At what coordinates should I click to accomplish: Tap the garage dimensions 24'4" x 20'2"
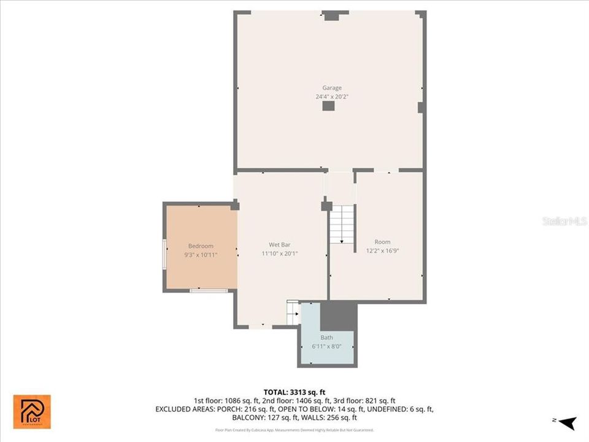tap(332, 97)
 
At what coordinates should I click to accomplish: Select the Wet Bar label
tap(279, 244)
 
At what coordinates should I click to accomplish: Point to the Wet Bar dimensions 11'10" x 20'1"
tap(279, 254)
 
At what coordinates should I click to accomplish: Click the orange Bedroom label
tap(201, 246)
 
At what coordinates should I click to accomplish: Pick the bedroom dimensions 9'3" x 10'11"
tap(201, 254)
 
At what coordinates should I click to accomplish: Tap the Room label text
tap(382, 242)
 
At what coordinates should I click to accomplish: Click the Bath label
tap(327, 338)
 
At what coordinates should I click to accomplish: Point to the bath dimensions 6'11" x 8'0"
tap(327, 347)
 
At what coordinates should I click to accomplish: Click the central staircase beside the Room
tap(342, 224)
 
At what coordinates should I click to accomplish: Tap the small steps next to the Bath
tap(293, 312)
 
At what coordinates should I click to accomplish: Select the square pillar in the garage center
tap(329, 106)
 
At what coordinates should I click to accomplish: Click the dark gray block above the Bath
tap(339, 316)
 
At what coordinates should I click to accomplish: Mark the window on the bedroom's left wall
tap(164, 254)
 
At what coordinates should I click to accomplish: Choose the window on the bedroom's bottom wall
tap(200, 290)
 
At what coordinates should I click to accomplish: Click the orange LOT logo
tap(32, 411)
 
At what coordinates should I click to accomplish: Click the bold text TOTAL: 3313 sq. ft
tap(294, 392)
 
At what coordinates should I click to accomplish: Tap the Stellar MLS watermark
tap(564, 221)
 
